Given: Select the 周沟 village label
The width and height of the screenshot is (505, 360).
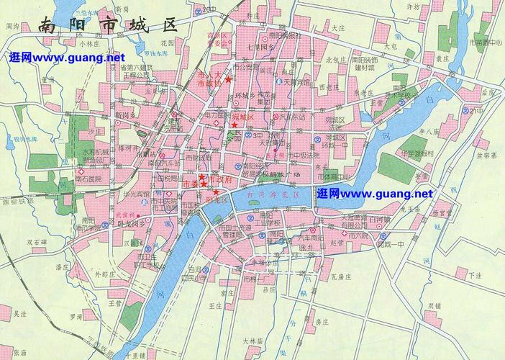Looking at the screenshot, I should coord(12,26).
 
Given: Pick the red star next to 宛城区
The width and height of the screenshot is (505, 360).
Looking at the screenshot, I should coord(235,125).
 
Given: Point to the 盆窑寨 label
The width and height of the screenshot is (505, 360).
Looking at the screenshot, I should coord(478,156).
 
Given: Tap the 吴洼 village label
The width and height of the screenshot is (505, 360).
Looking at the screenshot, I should coord(19,314).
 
